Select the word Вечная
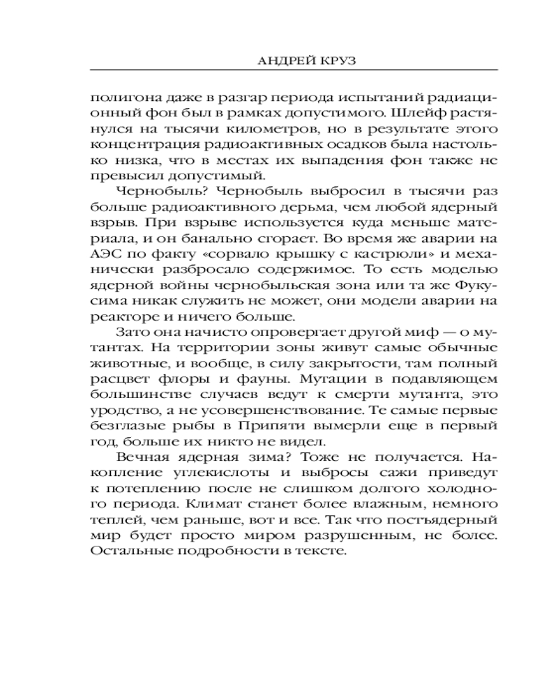(140, 462)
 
